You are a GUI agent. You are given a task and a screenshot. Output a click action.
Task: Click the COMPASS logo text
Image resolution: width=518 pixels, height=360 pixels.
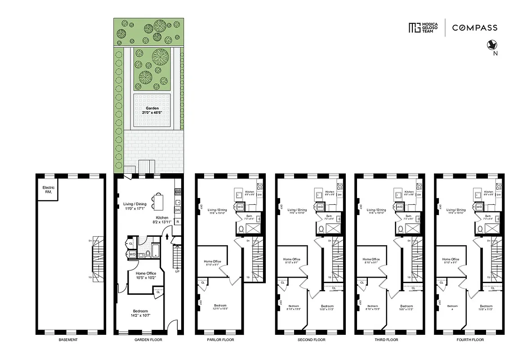[x=475, y=27]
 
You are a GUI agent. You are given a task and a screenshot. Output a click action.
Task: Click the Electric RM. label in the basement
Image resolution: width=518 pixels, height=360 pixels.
[x=47, y=190]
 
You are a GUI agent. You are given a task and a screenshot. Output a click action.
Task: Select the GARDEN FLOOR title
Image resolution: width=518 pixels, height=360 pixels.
[x=148, y=340]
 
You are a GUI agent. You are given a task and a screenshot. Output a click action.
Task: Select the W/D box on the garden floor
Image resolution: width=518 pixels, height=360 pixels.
[x=133, y=254]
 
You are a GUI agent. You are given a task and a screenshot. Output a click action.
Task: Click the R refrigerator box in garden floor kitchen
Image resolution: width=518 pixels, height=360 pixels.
[x=178, y=221]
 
